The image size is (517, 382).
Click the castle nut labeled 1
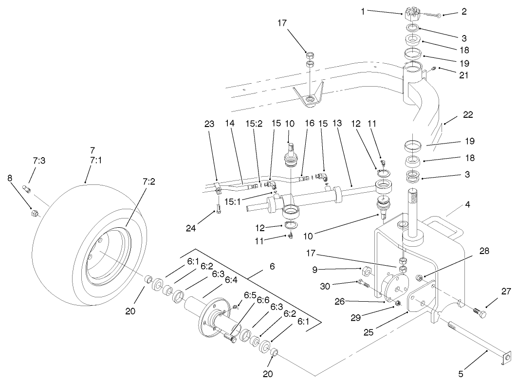413,13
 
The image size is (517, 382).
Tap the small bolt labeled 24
219,210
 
